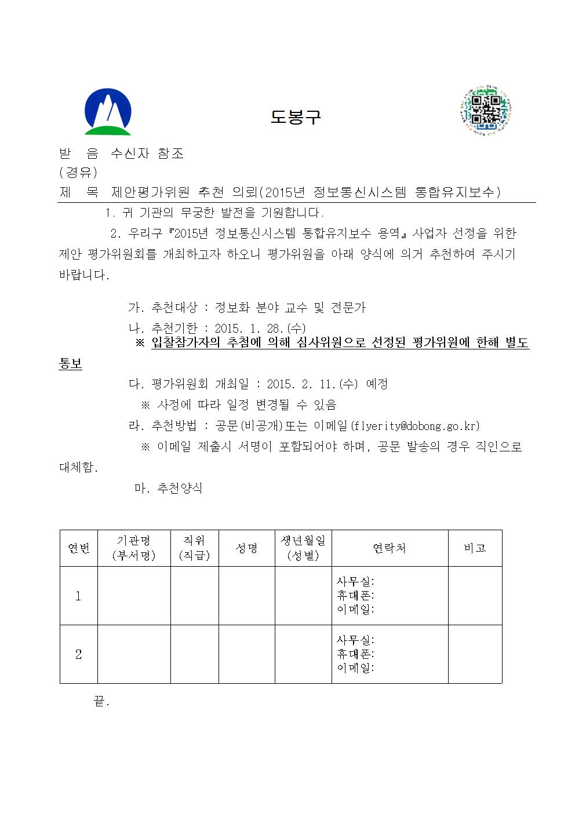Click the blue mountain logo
point(108,112)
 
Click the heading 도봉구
point(295,117)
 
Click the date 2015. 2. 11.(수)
point(312,384)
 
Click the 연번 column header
point(79,548)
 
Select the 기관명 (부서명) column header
point(134,548)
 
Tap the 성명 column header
point(246,548)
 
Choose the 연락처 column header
point(390,548)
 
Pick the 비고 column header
point(475,548)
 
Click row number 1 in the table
point(79,596)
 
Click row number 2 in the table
point(79,654)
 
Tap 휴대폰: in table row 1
point(355,596)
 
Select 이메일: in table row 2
point(355,668)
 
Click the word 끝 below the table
point(99,702)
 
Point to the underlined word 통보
point(71,364)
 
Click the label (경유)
point(79,173)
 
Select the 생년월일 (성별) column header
point(303,548)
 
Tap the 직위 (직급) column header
point(195,548)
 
